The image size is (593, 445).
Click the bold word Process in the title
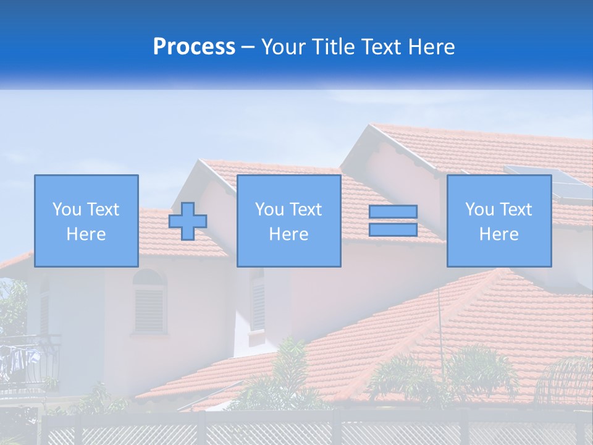pyautogui.click(x=194, y=47)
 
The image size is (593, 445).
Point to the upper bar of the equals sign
pyautogui.click(x=393, y=212)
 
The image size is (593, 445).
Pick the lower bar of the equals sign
pyautogui.click(x=393, y=229)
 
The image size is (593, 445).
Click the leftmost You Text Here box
pyautogui.click(x=86, y=221)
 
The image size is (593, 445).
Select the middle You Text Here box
pyautogui.click(x=288, y=221)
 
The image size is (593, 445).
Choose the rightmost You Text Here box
pyautogui.click(x=498, y=221)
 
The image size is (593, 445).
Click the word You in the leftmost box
pyautogui.click(x=66, y=210)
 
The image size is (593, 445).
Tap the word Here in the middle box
pyautogui.click(x=288, y=234)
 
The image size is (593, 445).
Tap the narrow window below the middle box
pyautogui.click(x=258, y=303)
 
